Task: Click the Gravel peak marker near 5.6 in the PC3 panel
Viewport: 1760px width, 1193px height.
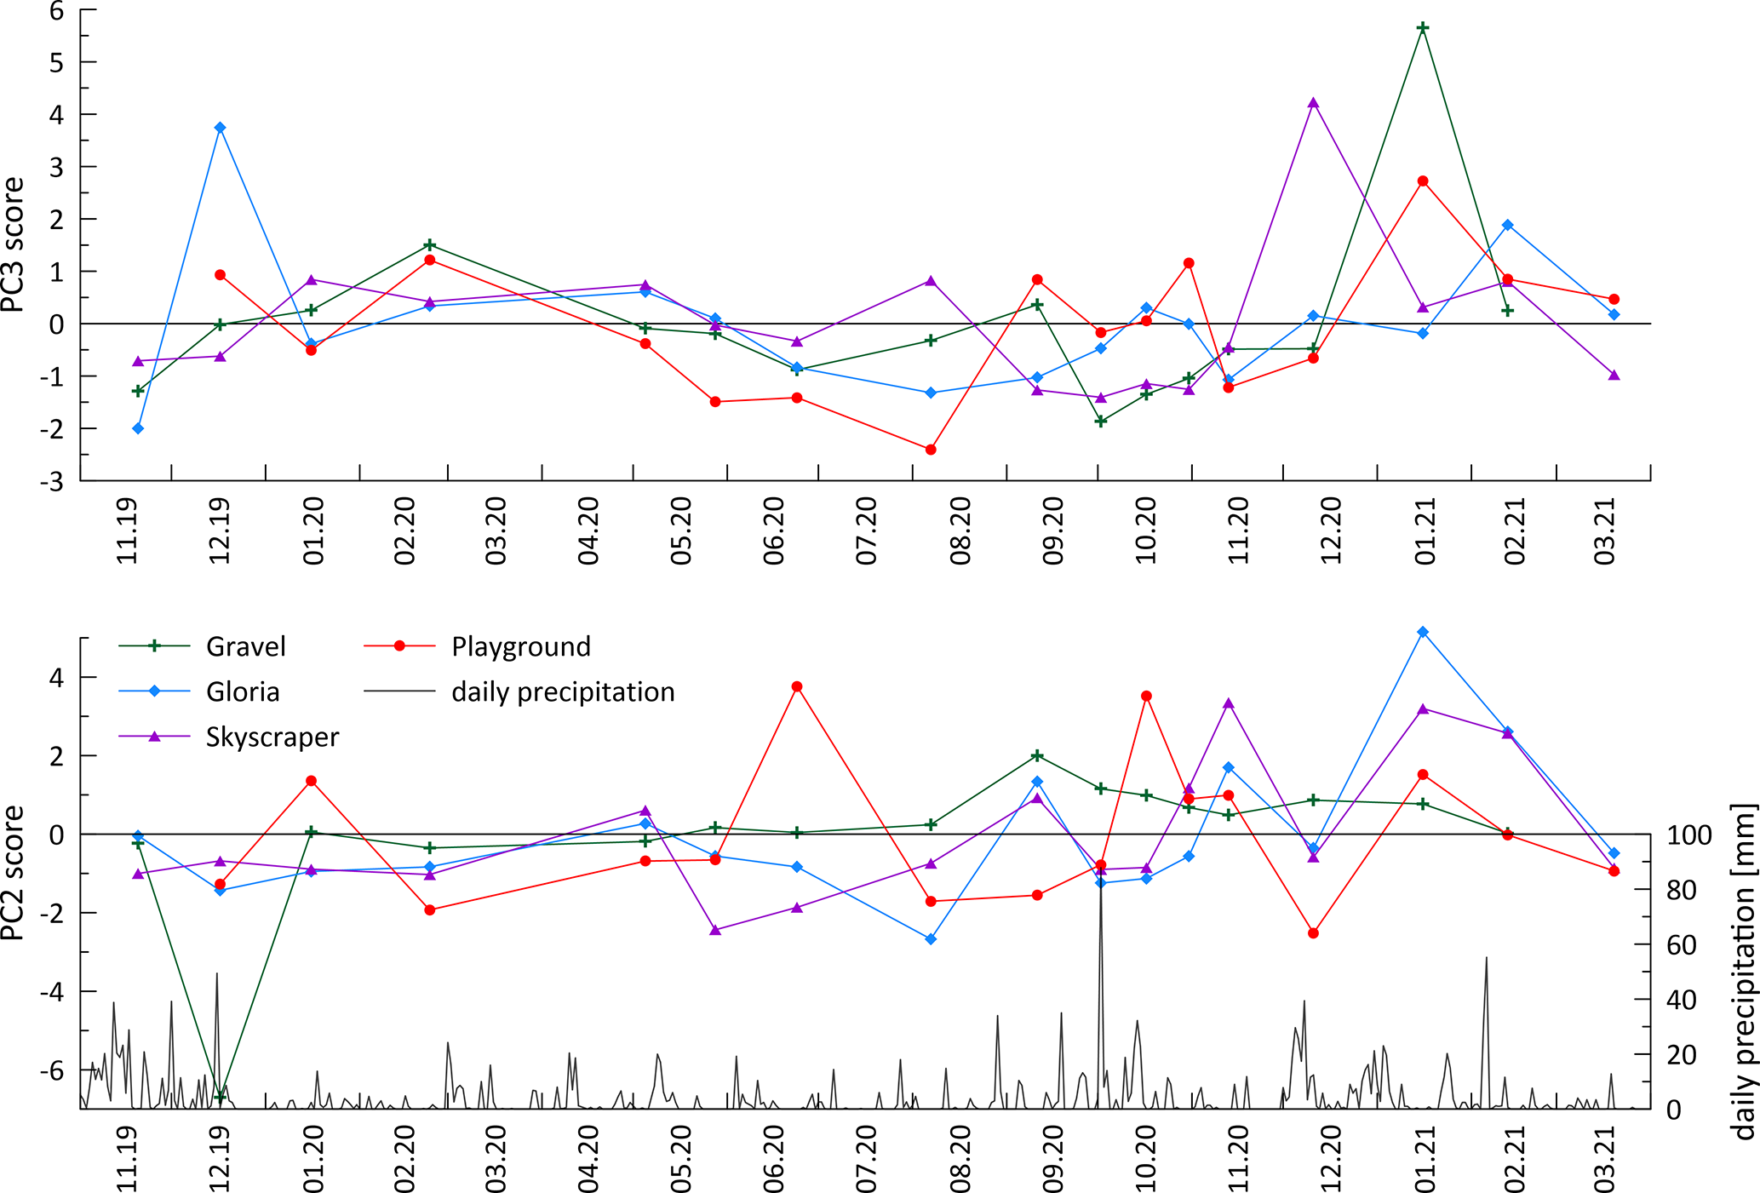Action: tap(1422, 28)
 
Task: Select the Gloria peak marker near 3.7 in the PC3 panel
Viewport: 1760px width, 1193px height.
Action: tap(220, 128)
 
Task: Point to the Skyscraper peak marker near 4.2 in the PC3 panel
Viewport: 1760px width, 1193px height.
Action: tap(1313, 103)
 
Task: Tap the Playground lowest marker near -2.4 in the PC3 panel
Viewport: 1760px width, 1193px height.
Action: tap(931, 450)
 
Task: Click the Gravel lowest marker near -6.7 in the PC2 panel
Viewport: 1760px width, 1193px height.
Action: tap(220, 1097)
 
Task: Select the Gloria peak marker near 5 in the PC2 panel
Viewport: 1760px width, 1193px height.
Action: tap(1422, 632)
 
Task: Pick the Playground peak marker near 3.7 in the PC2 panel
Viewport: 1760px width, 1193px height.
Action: tap(797, 686)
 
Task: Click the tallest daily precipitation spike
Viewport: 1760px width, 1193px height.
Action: tap(1101, 869)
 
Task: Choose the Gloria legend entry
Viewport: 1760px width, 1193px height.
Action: tap(242, 691)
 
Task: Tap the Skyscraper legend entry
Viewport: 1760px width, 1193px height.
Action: tap(272, 737)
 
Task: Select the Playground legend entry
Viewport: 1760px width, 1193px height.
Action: tap(520, 646)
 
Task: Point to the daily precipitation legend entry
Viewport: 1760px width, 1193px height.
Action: tap(562, 691)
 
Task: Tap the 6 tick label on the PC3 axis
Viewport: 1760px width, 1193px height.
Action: tap(56, 11)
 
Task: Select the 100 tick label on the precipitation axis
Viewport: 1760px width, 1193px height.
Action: tap(1688, 835)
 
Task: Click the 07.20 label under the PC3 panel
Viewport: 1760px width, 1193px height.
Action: tap(866, 531)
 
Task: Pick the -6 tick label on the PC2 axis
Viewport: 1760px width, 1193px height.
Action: tap(51, 1070)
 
